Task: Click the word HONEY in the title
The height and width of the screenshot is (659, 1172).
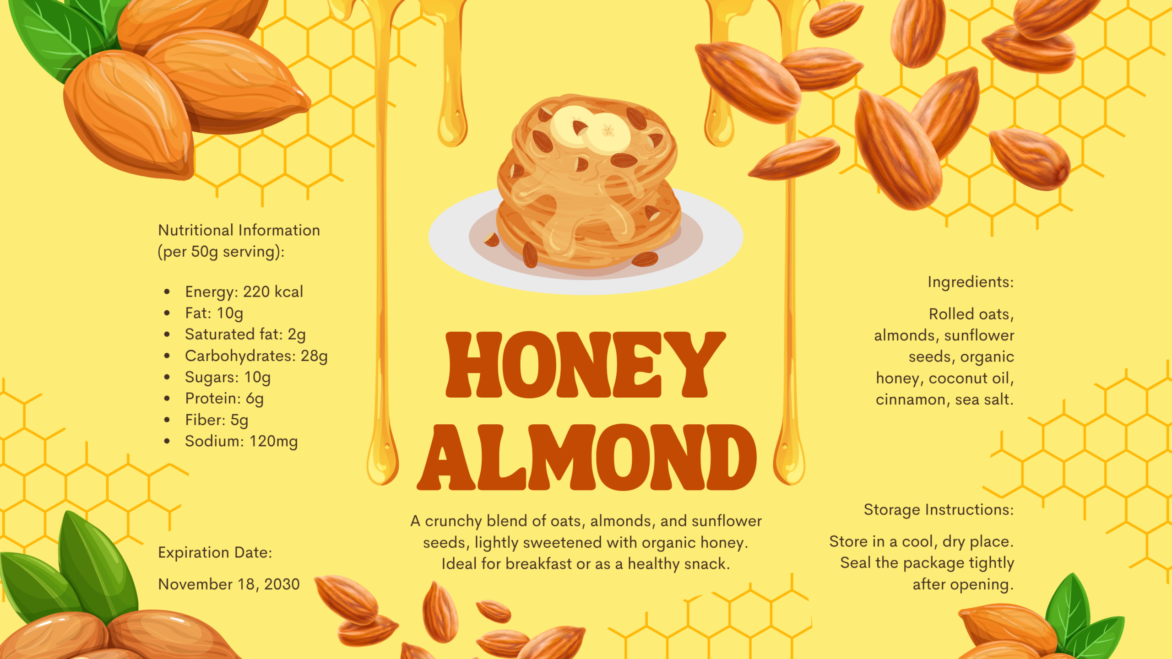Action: coord(585,365)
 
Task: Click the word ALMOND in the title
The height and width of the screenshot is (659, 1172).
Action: coord(587,457)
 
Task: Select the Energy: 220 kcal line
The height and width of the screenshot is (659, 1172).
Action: coord(244,292)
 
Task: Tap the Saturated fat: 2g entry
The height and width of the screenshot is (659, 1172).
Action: coord(245,335)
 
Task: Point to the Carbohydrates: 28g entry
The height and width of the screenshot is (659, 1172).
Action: coord(256,356)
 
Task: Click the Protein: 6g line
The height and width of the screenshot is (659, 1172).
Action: coord(224,399)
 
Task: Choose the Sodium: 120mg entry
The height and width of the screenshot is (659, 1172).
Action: coord(241,441)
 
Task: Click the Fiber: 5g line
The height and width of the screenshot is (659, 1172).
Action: coord(216,420)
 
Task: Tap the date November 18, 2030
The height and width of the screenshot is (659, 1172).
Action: coord(228,584)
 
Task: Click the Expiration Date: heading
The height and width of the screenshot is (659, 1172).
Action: coord(215,552)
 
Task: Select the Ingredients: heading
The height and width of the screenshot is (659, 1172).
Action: coord(970,282)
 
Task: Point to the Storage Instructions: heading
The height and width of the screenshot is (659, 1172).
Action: coord(938,509)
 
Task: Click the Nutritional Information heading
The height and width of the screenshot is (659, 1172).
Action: coord(239,230)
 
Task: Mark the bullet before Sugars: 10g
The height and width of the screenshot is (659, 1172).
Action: coord(167,377)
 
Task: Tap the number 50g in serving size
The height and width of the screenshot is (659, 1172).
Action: coord(205,252)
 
